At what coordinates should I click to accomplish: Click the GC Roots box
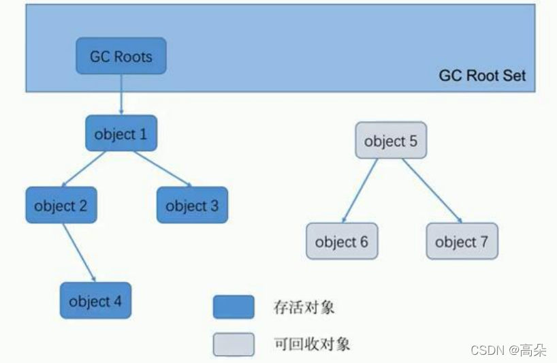click(121, 56)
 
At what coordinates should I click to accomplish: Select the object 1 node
click(121, 133)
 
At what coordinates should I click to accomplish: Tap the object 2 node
click(61, 205)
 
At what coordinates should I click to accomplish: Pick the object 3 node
click(192, 205)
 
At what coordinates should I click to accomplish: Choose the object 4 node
click(95, 301)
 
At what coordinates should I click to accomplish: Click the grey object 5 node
click(390, 141)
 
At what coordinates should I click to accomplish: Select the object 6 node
click(341, 241)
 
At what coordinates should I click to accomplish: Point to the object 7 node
click(462, 241)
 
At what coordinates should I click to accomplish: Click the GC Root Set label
click(482, 76)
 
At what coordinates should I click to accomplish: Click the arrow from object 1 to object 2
click(84, 168)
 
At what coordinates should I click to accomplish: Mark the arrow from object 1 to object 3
click(162, 168)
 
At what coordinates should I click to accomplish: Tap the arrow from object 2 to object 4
click(78, 252)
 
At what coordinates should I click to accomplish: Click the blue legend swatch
click(234, 307)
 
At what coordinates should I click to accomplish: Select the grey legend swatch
click(234, 344)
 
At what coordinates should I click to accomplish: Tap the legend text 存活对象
click(304, 307)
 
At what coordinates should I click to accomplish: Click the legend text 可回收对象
click(311, 344)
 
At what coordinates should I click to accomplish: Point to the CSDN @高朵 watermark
click(508, 350)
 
